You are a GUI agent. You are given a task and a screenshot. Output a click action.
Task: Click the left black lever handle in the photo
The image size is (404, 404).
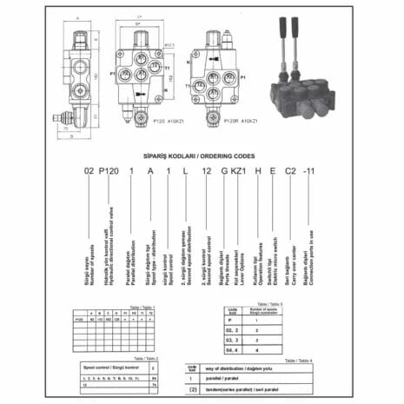click(285, 43)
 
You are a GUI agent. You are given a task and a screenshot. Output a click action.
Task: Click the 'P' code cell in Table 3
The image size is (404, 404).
click(230, 321)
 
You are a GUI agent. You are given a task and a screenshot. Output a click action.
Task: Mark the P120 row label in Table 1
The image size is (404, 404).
click(81, 320)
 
